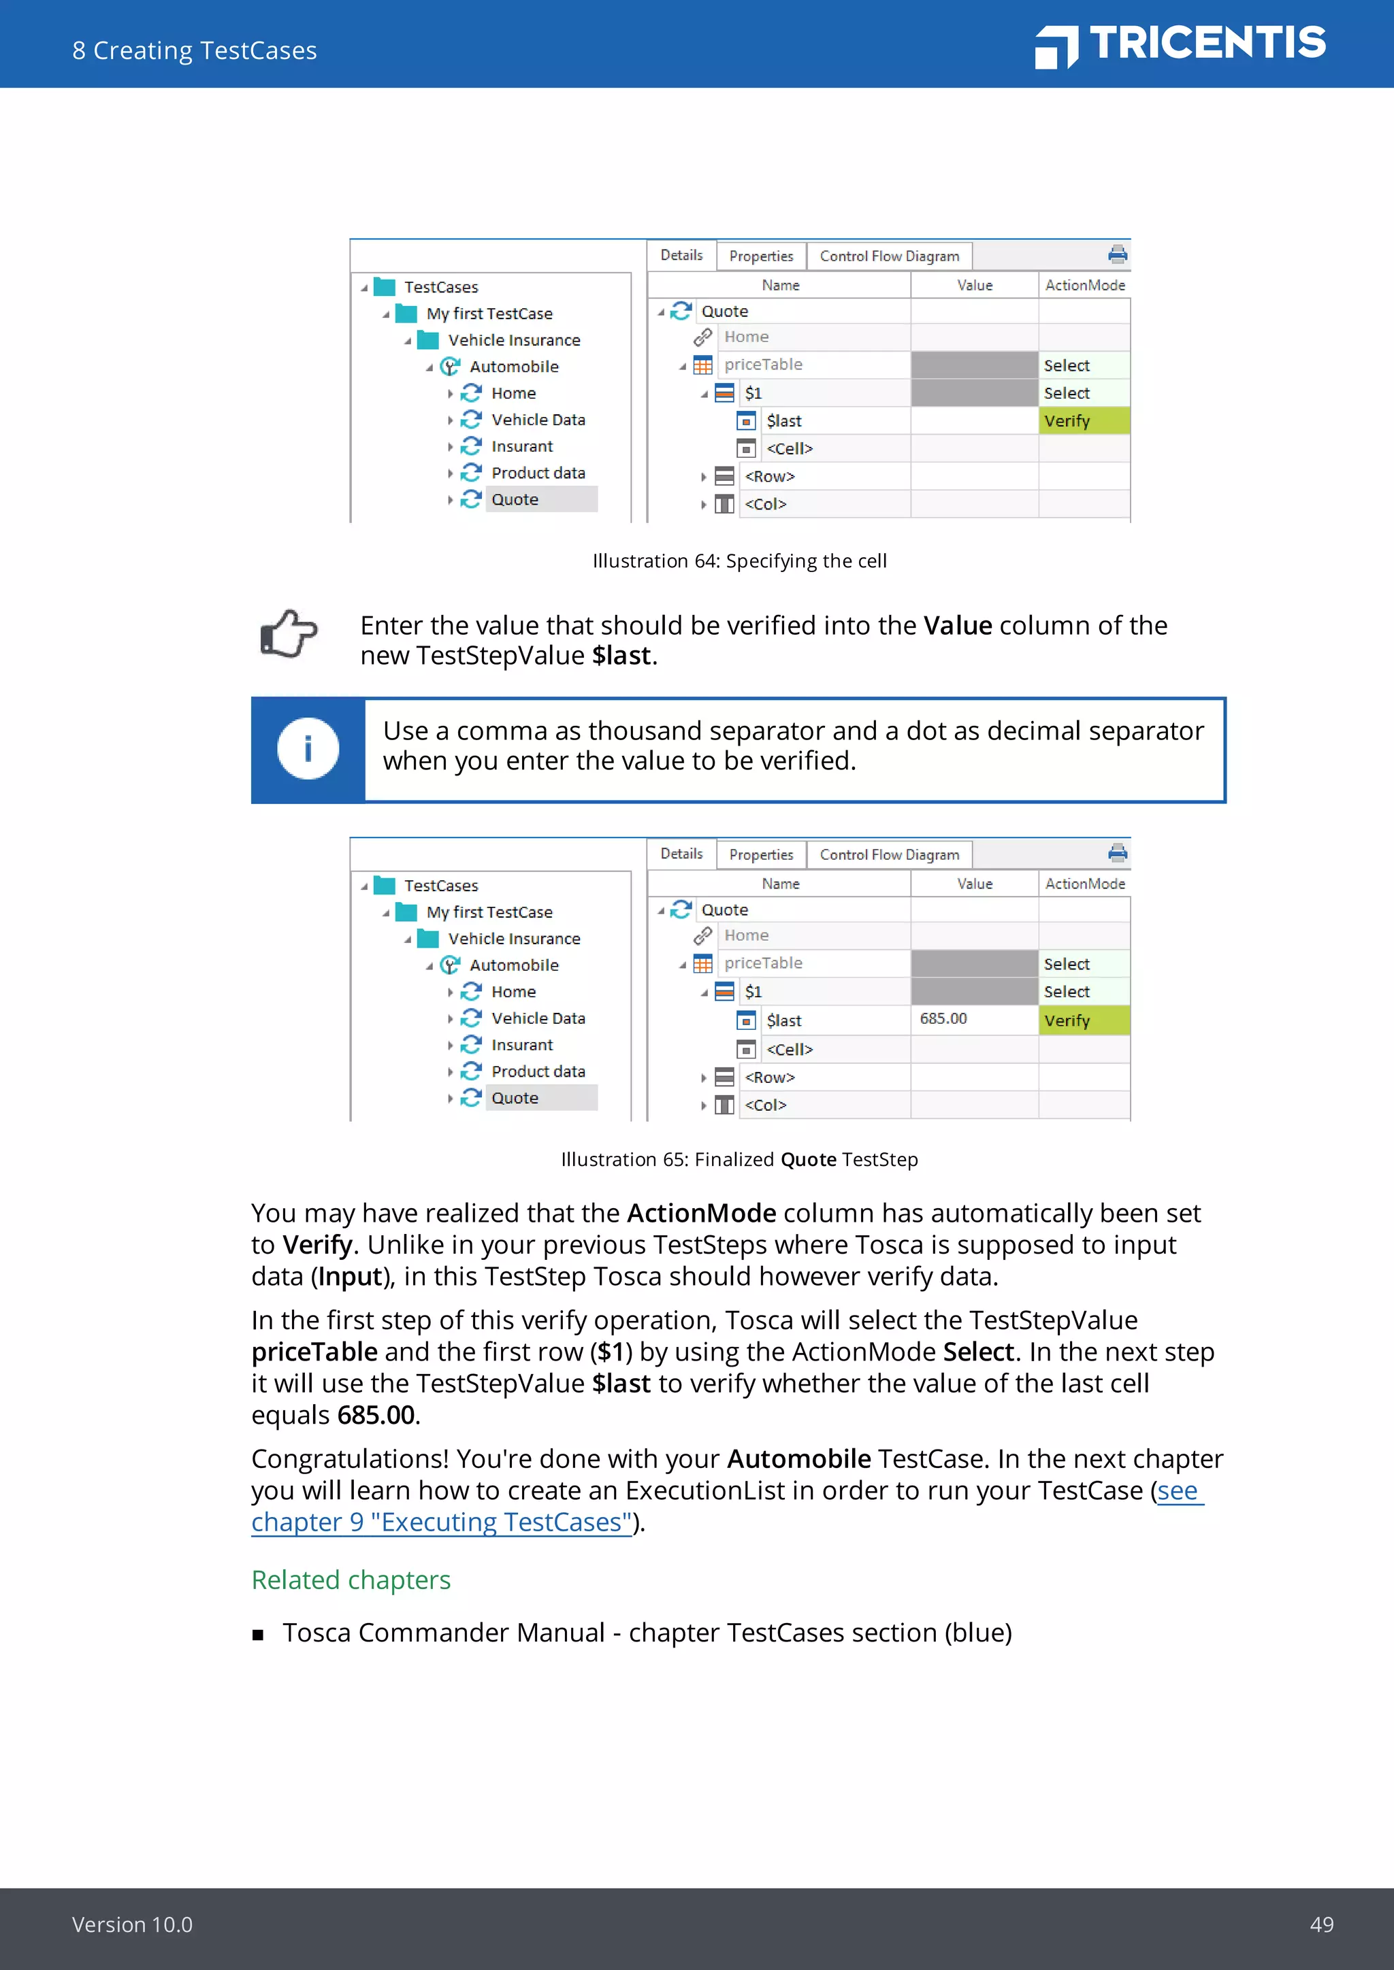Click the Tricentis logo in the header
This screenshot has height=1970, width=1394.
click(1180, 45)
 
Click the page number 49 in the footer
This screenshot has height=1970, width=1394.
click(1321, 1924)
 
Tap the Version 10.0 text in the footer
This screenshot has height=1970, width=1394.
click(132, 1924)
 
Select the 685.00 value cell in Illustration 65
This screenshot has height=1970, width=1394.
click(973, 1018)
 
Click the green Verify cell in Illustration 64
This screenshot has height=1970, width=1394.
click(1083, 421)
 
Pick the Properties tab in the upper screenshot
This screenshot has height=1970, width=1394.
click(760, 256)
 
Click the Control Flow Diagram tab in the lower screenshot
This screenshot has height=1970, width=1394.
click(888, 854)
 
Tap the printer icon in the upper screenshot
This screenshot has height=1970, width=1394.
click(1117, 254)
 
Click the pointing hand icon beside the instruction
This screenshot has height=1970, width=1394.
click(289, 634)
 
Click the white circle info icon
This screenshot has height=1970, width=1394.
click(307, 749)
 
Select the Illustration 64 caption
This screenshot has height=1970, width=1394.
click(739, 561)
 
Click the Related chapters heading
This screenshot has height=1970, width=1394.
click(351, 1580)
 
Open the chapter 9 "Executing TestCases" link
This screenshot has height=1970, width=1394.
click(441, 1522)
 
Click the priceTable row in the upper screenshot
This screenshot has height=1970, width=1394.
click(763, 365)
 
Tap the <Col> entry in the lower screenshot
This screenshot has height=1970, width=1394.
click(765, 1105)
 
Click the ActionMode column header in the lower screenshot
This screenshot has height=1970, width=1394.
click(1084, 884)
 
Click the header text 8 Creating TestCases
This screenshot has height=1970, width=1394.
click(194, 50)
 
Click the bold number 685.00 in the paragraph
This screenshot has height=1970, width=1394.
click(376, 1415)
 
